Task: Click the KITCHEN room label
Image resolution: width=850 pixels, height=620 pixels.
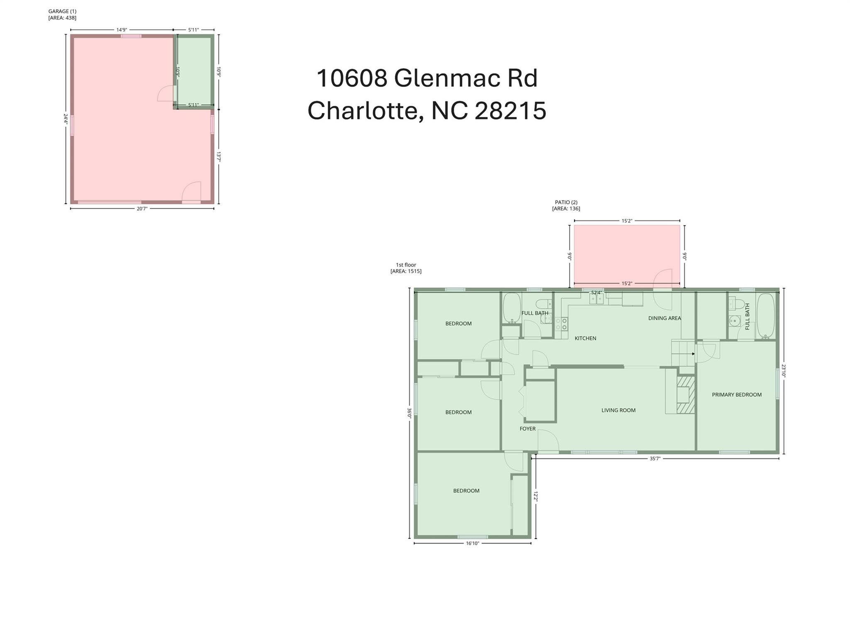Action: click(585, 338)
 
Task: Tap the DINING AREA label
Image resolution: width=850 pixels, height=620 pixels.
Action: click(664, 318)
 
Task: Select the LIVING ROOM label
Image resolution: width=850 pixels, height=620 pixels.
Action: click(618, 410)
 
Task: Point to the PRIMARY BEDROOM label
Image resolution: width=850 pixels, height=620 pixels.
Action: click(737, 395)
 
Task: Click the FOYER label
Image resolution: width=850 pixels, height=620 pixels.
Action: click(528, 429)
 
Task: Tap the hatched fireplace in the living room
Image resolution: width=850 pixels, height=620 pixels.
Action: click(686, 395)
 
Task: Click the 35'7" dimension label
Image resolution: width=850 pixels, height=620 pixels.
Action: click(655, 459)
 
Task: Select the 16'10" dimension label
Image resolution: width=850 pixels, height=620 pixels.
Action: click(472, 543)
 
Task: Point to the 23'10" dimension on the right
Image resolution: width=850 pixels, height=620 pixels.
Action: click(784, 371)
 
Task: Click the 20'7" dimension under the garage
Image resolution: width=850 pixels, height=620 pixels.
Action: click(142, 208)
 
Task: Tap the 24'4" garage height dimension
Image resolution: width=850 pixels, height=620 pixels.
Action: click(66, 119)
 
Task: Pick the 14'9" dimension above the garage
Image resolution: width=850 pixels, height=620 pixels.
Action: click(121, 30)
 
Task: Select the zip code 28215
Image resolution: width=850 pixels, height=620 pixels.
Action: click(510, 110)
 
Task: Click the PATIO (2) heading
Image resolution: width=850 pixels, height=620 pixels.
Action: click(566, 202)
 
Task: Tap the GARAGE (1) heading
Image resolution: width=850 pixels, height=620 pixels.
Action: click(62, 11)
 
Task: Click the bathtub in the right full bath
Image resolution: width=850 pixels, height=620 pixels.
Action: click(765, 316)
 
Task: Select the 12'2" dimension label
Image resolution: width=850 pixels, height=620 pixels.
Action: click(535, 497)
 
